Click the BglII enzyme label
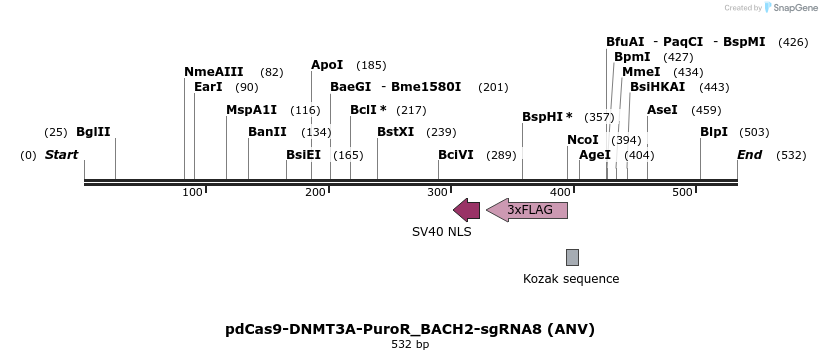point(93,132)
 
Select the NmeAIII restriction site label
point(213,72)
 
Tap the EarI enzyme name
point(208,87)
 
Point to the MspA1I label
point(251,110)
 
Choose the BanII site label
point(267,132)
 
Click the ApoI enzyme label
point(327,65)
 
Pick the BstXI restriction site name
point(395,132)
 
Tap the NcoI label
point(583,140)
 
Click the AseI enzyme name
point(662,110)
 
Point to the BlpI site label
point(714,132)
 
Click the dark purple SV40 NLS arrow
point(466,210)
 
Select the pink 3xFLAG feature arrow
point(527,210)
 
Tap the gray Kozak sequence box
point(572,257)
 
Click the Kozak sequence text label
point(571,279)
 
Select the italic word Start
point(61,155)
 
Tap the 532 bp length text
point(410,344)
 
